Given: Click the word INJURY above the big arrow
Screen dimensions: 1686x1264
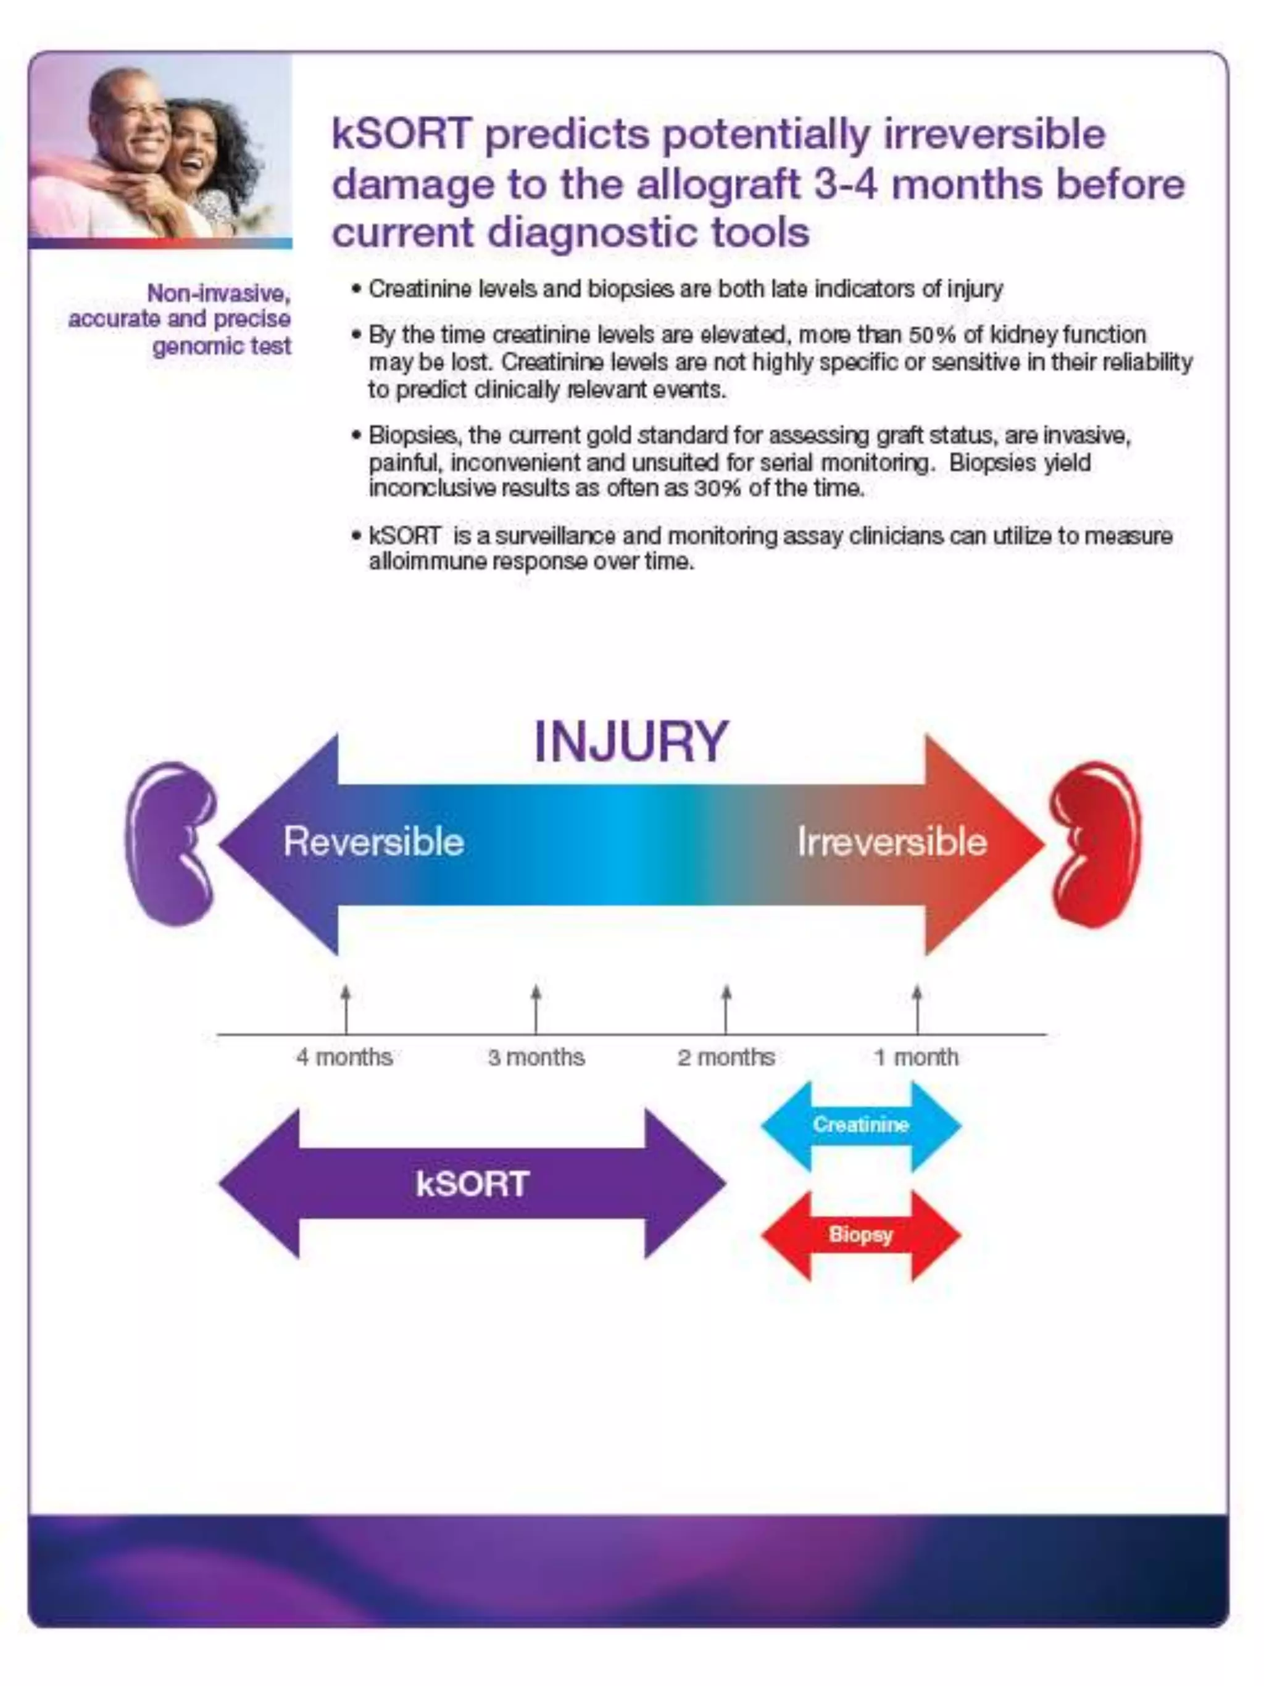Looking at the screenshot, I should (x=631, y=741).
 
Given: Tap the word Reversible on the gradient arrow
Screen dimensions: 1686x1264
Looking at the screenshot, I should (x=373, y=842).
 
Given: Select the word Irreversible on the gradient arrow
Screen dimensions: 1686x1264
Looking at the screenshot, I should (x=891, y=842).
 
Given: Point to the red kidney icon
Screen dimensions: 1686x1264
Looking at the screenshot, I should (x=1096, y=844).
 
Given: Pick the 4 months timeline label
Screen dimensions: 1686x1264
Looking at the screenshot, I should (x=344, y=1057).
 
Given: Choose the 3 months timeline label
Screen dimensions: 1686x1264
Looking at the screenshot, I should (x=536, y=1057).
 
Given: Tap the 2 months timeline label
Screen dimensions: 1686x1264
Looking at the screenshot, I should (x=726, y=1057).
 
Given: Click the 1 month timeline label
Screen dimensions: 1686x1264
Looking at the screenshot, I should (x=916, y=1057).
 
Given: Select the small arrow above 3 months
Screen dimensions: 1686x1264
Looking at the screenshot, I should (x=536, y=1008).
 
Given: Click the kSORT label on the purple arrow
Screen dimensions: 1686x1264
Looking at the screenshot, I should (x=472, y=1183).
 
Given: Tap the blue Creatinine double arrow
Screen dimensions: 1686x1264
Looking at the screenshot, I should (x=861, y=1125).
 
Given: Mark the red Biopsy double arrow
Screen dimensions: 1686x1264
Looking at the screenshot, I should (x=861, y=1234).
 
